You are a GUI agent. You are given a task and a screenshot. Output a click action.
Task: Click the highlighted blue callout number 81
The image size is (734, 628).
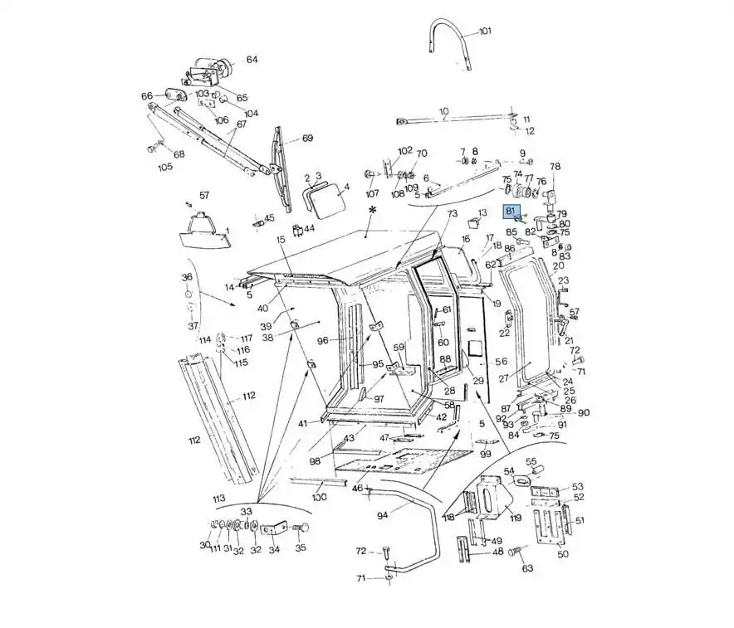point(511,212)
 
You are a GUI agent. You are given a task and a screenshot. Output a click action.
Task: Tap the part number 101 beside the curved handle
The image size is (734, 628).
point(485,32)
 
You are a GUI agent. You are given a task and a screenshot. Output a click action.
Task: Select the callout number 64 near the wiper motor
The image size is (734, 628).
point(252,60)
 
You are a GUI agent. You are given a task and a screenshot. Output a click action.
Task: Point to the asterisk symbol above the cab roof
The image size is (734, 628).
point(372,212)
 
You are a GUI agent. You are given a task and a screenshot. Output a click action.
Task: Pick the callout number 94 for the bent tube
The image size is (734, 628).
point(382,514)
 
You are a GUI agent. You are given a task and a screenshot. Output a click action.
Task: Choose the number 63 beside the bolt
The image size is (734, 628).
point(527,568)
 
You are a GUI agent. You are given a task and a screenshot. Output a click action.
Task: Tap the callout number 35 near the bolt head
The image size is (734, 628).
point(301,548)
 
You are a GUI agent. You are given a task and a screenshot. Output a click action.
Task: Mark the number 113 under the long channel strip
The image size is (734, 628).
point(218,499)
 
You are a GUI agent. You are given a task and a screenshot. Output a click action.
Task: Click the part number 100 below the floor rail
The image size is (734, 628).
point(319,497)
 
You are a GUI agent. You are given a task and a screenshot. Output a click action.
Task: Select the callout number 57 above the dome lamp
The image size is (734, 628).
point(204,196)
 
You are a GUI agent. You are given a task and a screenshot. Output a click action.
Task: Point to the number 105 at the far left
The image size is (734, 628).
point(165,167)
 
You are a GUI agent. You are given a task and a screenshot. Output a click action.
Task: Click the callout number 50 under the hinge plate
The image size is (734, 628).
point(562,554)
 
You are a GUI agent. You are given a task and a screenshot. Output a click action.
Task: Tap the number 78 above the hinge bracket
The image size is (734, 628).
point(555,167)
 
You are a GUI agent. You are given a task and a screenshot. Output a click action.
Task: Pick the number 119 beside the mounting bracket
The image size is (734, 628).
point(515,518)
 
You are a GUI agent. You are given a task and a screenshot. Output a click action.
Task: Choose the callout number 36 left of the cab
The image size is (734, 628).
point(187,277)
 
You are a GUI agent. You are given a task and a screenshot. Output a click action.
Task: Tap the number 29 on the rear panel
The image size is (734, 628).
point(478,381)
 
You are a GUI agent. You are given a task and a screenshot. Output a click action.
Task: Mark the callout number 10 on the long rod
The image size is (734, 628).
point(443,111)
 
